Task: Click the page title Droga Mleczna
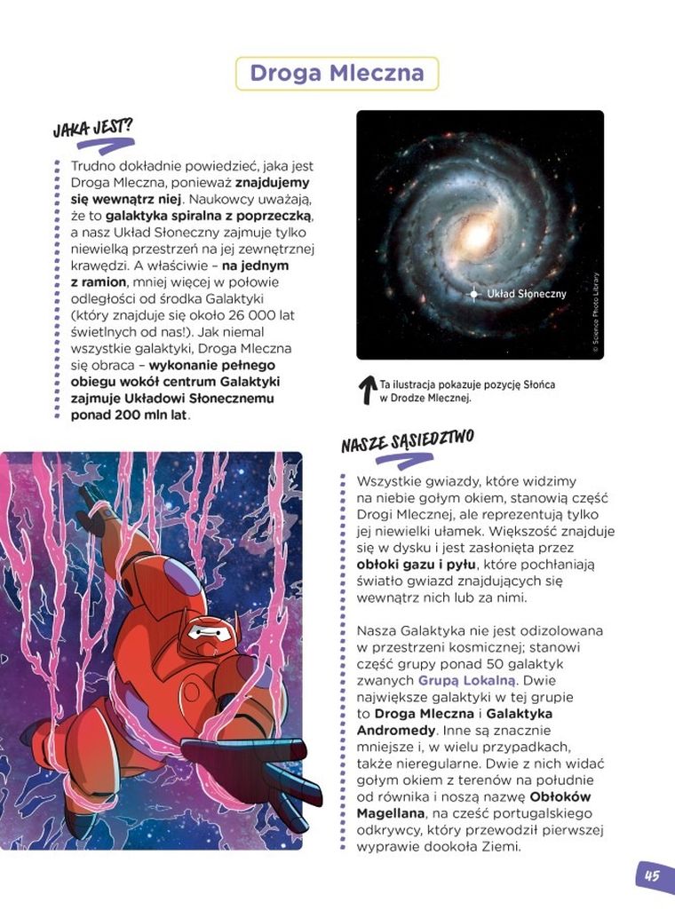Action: pos(337,73)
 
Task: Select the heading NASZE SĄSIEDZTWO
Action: pos(407,440)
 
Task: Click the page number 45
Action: pos(653,876)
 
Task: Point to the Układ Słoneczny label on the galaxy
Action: pos(532,293)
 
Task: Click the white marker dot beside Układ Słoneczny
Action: pos(474,293)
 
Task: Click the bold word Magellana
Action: pos(393,812)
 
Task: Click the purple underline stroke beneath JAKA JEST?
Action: pos(105,145)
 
